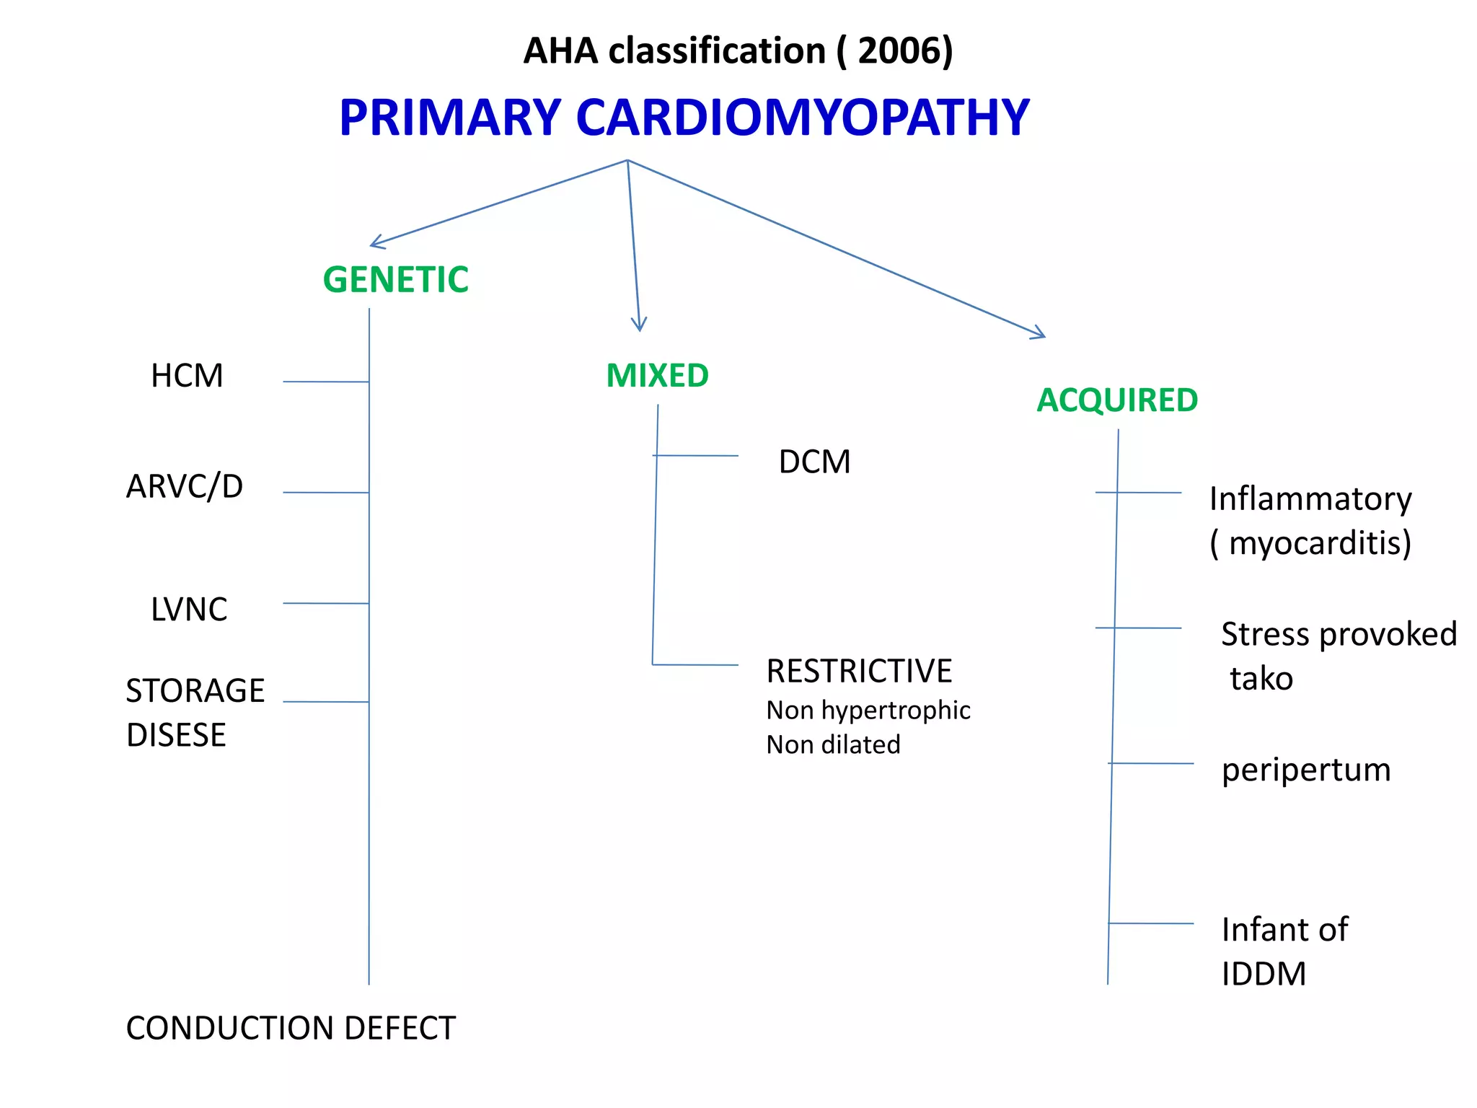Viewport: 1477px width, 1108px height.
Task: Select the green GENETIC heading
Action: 395,280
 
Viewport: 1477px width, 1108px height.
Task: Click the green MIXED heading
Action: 657,376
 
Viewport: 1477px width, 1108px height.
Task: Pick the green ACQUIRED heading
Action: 1116,400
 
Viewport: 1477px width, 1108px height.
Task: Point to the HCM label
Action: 187,377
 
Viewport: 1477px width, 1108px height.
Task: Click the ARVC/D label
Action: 185,487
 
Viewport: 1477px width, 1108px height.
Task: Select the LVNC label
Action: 189,610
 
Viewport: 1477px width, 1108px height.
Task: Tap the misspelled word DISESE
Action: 176,736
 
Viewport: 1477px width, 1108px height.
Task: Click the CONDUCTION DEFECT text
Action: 291,1029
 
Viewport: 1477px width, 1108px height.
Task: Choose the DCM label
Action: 814,462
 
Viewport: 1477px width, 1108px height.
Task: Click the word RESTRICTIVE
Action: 858,672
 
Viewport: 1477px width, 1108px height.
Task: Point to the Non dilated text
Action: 833,745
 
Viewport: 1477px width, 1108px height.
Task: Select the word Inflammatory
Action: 1310,500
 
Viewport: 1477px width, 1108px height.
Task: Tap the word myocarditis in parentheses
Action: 1318,544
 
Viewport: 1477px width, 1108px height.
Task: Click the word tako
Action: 1261,680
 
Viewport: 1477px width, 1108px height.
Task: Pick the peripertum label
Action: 1305,770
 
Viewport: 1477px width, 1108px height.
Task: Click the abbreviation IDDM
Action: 1264,975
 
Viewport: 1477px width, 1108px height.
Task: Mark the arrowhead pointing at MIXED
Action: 639,326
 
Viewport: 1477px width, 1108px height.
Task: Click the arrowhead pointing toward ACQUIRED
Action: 1041,335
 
